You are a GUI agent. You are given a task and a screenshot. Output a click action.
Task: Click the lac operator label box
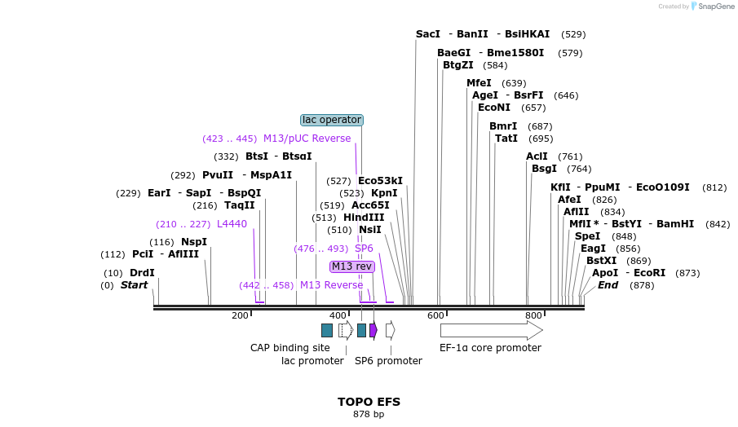tap(332, 120)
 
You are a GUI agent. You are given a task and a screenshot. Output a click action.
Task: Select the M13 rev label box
tap(352, 266)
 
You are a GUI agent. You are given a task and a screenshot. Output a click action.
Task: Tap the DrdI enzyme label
tap(142, 273)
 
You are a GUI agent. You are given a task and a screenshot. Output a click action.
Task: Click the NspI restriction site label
tap(194, 242)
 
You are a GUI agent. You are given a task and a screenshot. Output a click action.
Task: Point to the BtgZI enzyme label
tap(457, 65)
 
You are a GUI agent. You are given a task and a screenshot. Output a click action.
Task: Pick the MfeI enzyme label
tap(479, 83)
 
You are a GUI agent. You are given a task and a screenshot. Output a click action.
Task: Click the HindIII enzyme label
tap(364, 218)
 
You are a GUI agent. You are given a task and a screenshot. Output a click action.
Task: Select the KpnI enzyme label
tap(384, 193)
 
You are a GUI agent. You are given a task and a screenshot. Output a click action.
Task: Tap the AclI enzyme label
tap(537, 156)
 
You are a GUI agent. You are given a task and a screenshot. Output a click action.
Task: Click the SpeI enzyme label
tap(587, 236)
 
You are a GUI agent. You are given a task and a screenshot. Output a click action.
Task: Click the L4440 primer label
tap(232, 224)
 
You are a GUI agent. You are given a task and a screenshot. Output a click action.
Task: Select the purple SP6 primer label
tap(364, 249)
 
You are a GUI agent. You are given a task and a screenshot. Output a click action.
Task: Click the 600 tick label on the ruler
tap(435, 315)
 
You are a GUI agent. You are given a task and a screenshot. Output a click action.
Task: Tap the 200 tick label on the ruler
tap(240, 315)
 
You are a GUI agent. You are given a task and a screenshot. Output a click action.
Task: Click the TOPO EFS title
tap(369, 402)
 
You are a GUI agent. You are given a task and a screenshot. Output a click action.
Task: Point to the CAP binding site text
tap(289, 348)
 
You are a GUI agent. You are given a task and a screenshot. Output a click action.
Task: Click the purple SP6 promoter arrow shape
tap(373, 330)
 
